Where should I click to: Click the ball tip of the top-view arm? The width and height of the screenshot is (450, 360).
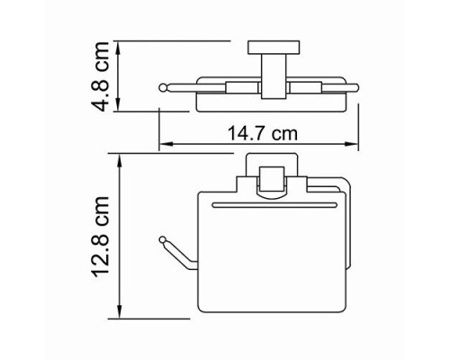click(163, 86)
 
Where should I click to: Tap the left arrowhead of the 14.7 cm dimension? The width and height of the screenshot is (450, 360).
click(164, 146)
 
